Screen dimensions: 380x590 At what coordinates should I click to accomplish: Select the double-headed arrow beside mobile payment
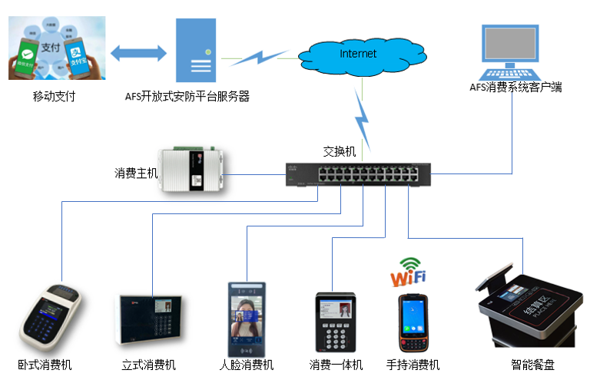[x=138, y=54]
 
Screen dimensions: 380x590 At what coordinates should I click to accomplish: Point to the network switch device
[x=358, y=174]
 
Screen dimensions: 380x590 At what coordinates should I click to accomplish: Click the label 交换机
[x=340, y=152]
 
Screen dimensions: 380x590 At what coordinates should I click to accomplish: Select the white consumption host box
[x=193, y=170]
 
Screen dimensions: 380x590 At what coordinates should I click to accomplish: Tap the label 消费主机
[x=136, y=173]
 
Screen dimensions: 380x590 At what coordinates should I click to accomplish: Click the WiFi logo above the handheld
[x=408, y=271]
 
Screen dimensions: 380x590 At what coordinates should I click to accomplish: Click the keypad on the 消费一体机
[x=336, y=335]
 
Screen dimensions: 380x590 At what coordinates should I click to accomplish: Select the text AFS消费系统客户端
[x=515, y=88]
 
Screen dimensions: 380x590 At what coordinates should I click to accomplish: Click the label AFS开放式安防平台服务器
[x=187, y=97]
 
